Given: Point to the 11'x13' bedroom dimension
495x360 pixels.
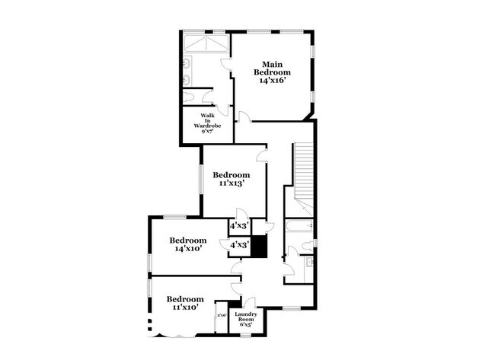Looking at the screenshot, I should click(x=232, y=183).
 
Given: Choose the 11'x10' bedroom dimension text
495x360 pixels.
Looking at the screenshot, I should click(x=185, y=308).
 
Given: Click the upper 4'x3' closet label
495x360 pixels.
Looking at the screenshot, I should click(x=239, y=226).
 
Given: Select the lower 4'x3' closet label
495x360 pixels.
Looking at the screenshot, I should click(x=239, y=244).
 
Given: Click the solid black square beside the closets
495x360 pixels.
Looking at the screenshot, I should click(x=260, y=247).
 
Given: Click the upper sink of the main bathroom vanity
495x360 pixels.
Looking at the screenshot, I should click(x=187, y=60).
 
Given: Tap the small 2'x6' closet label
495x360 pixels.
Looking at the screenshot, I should click(x=222, y=315).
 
